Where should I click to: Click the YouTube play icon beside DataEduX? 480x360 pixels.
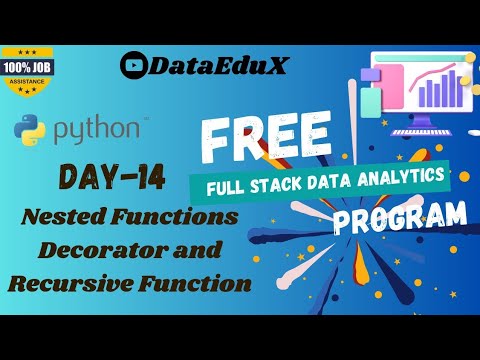[x=132, y=64]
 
